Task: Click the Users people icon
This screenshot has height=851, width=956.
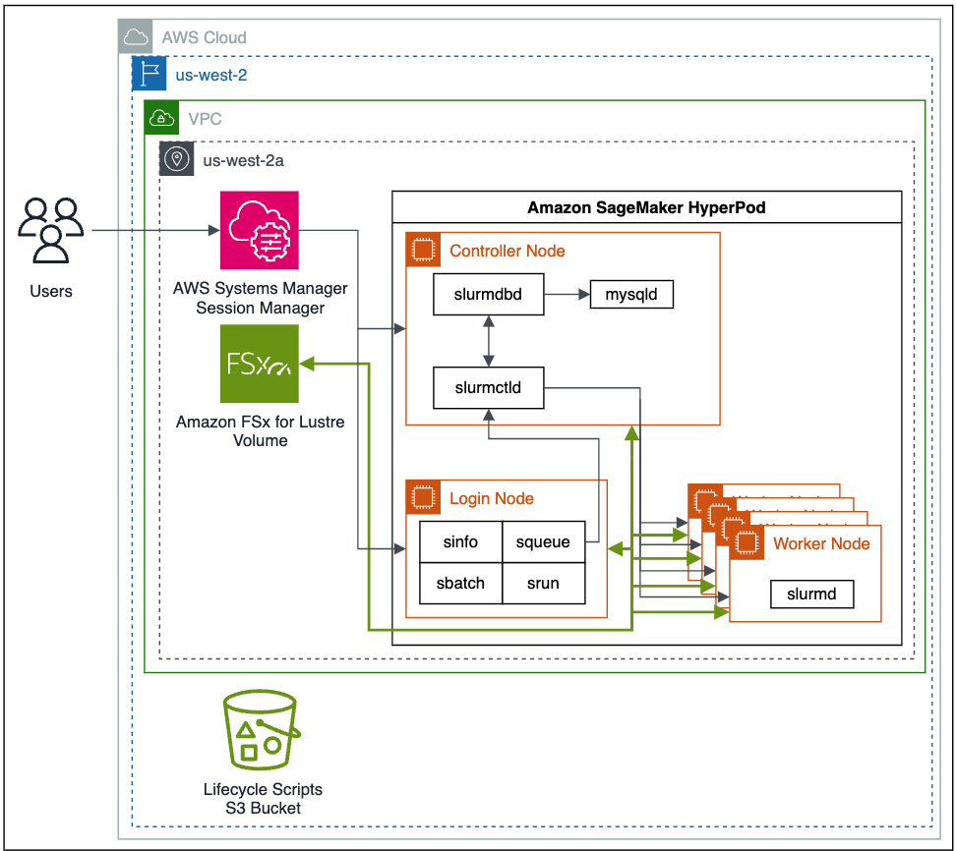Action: [50, 232]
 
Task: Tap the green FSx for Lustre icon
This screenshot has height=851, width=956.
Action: [259, 365]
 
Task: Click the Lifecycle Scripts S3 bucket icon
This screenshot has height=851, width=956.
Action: [262, 731]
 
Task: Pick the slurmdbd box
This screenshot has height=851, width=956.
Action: [488, 294]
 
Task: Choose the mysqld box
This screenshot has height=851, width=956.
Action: [631, 294]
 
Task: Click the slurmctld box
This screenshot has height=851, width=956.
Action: [488, 388]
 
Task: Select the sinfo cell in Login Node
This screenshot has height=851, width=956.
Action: [460, 541]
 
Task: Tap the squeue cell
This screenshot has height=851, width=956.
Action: [543, 541]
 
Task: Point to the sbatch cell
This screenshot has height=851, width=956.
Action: [460, 583]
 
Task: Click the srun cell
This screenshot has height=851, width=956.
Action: [543, 583]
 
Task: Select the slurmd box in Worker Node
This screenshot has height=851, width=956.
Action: [811, 594]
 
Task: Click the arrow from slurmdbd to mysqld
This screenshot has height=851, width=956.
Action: [567, 294]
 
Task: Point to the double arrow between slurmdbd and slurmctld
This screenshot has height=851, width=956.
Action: [488, 341]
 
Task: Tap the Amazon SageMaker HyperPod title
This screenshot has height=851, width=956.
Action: [646, 208]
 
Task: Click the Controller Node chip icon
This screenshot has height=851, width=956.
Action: [423, 250]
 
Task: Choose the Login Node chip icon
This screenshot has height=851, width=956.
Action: [423, 497]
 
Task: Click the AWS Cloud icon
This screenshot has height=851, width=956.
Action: [136, 38]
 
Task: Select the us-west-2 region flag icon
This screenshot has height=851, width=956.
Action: [149, 74]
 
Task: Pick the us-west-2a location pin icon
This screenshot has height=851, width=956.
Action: [177, 159]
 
